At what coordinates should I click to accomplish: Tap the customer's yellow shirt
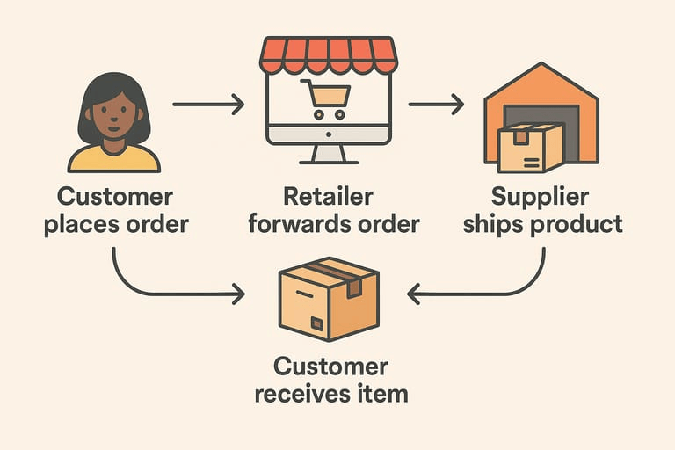113,158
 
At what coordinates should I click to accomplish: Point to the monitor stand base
328,156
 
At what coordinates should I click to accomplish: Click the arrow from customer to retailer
208,105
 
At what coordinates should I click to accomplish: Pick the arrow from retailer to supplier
436,105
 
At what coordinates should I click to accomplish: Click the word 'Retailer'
328,196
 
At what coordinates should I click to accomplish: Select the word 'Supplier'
540,196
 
